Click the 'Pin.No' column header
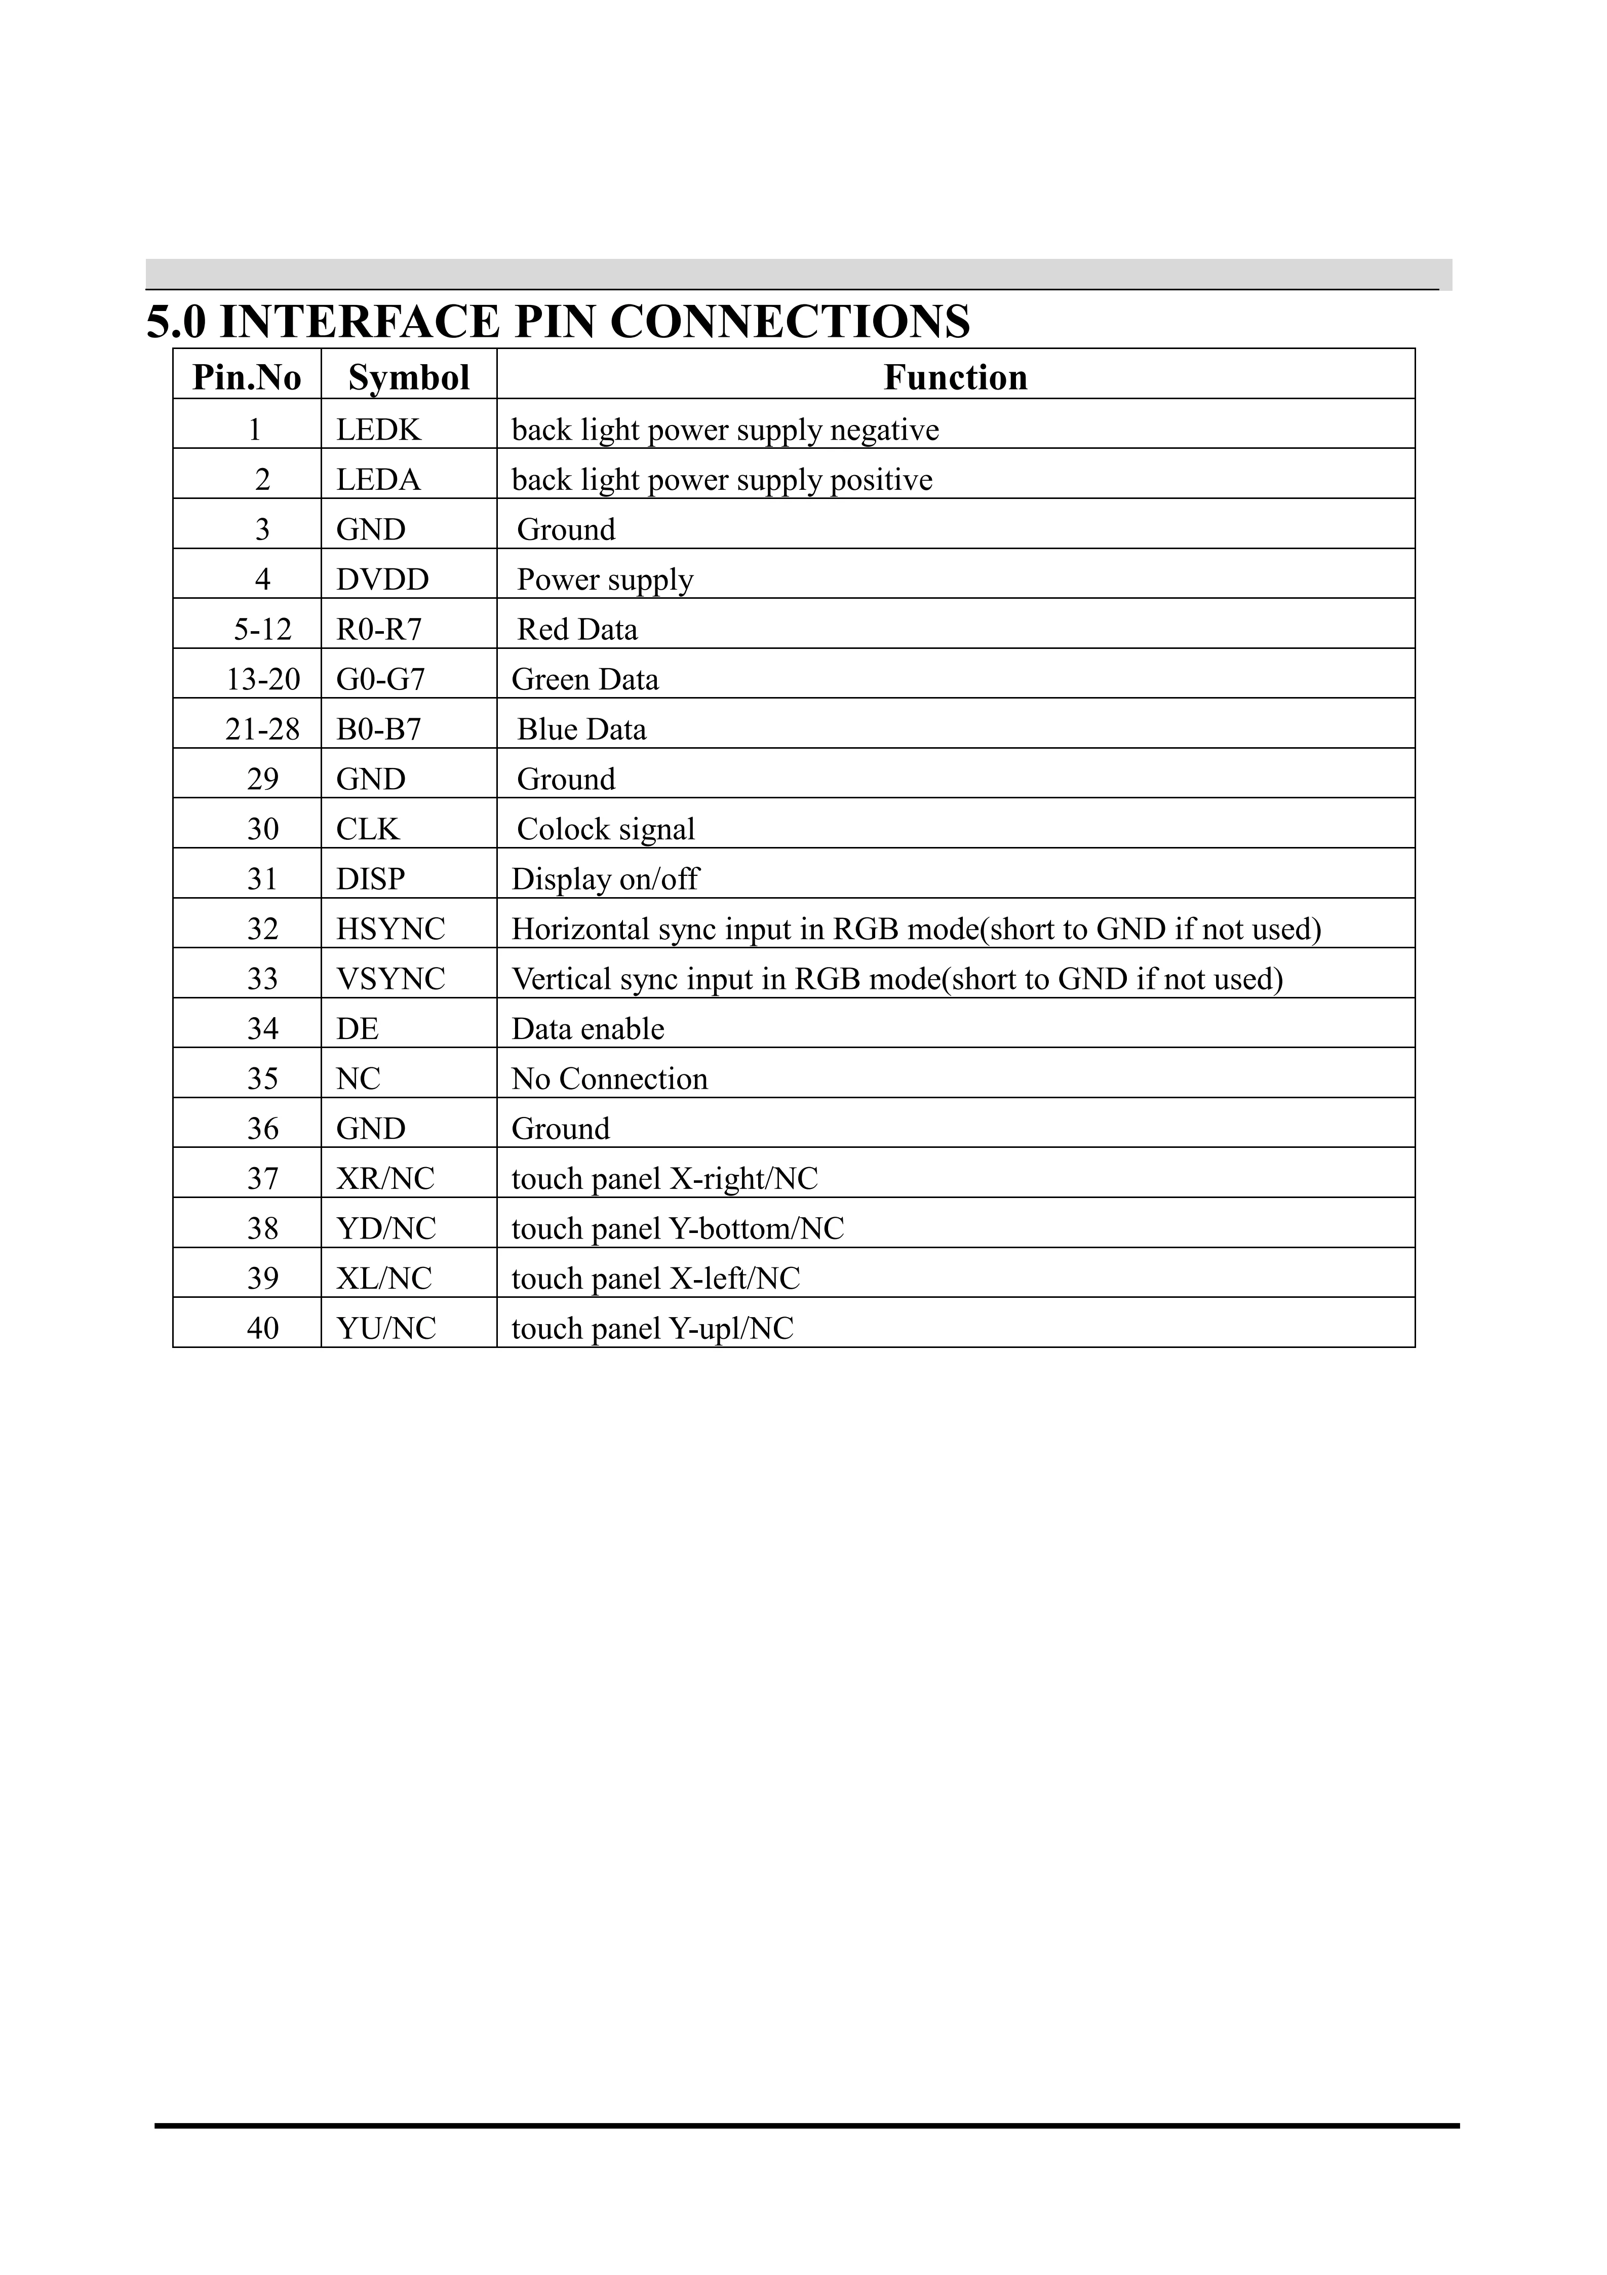pos(247,377)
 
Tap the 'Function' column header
pos(955,377)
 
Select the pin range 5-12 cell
pos(262,629)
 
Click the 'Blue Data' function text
pos(581,729)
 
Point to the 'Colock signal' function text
pos(605,829)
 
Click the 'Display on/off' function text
pos(605,879)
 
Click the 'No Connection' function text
pos(609,1079)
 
